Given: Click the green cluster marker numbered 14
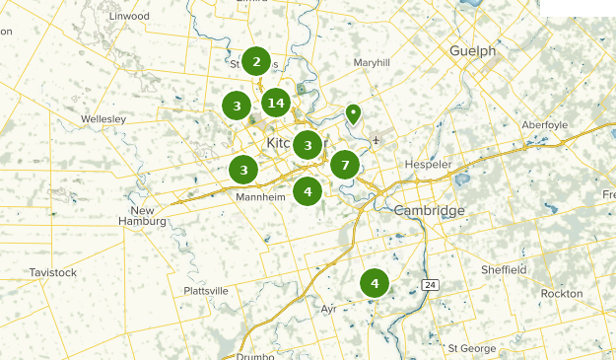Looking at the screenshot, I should tap(276, 103).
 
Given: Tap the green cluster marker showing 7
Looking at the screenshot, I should tap(344, 165).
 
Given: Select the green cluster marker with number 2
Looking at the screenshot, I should tap(256, 62).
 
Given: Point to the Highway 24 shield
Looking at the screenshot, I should tap(430, 285).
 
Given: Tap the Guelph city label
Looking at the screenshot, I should tap(472, 51).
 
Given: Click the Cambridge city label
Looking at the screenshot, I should tap(429, 211).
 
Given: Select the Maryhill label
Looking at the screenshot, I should tap(372, 62).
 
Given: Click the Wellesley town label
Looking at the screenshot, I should tap(104, 118).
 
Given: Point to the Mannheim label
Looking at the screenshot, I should tap(260, 197).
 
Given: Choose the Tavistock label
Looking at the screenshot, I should tap(52, 271).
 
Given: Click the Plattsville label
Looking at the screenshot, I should tap(206, 291).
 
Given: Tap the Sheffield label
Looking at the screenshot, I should tap(504, 269).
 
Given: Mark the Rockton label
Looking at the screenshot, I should tap(562, 294).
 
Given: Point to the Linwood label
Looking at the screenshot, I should tap(129, 17).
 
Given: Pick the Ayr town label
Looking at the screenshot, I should tap(329, 309).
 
